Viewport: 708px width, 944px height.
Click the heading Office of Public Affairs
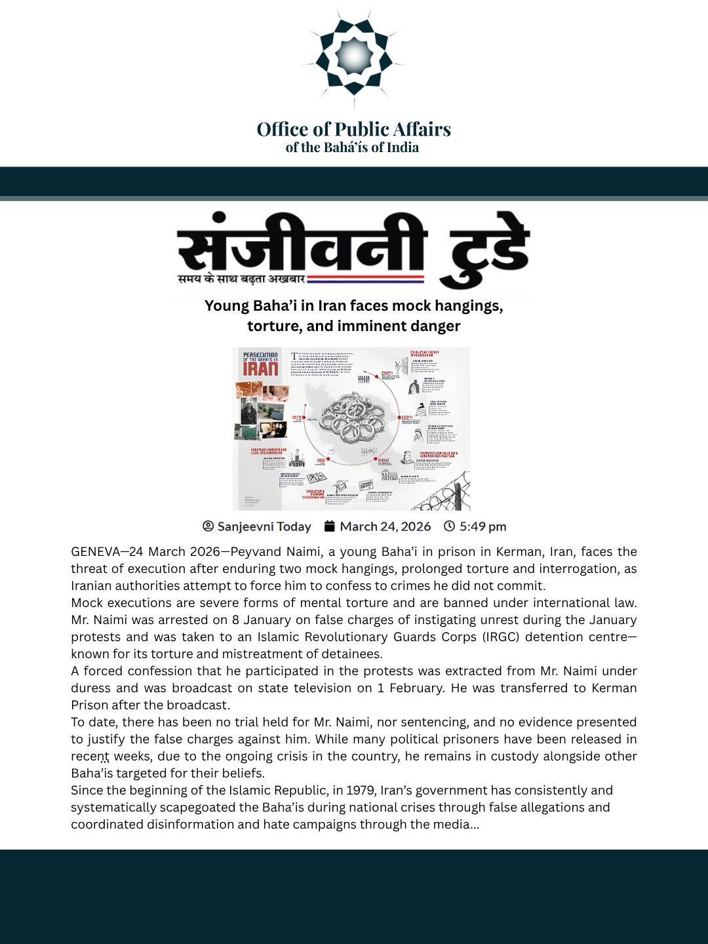point(354,129)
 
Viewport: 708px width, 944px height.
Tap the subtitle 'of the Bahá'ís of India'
point(352,147)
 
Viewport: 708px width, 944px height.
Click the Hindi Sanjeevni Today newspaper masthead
point(354,249)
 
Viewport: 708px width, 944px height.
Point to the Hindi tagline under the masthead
point(241,279)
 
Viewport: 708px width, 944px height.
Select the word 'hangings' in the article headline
point(469,306)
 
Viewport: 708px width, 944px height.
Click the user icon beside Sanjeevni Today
point(208,526)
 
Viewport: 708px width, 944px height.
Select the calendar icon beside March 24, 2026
point(330,526)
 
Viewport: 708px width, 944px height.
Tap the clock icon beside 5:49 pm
point(449,526)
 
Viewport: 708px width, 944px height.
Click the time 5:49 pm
point(482,526)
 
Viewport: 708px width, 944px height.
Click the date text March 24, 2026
point(385,526)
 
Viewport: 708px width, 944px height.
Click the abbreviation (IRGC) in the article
point(503,637)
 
